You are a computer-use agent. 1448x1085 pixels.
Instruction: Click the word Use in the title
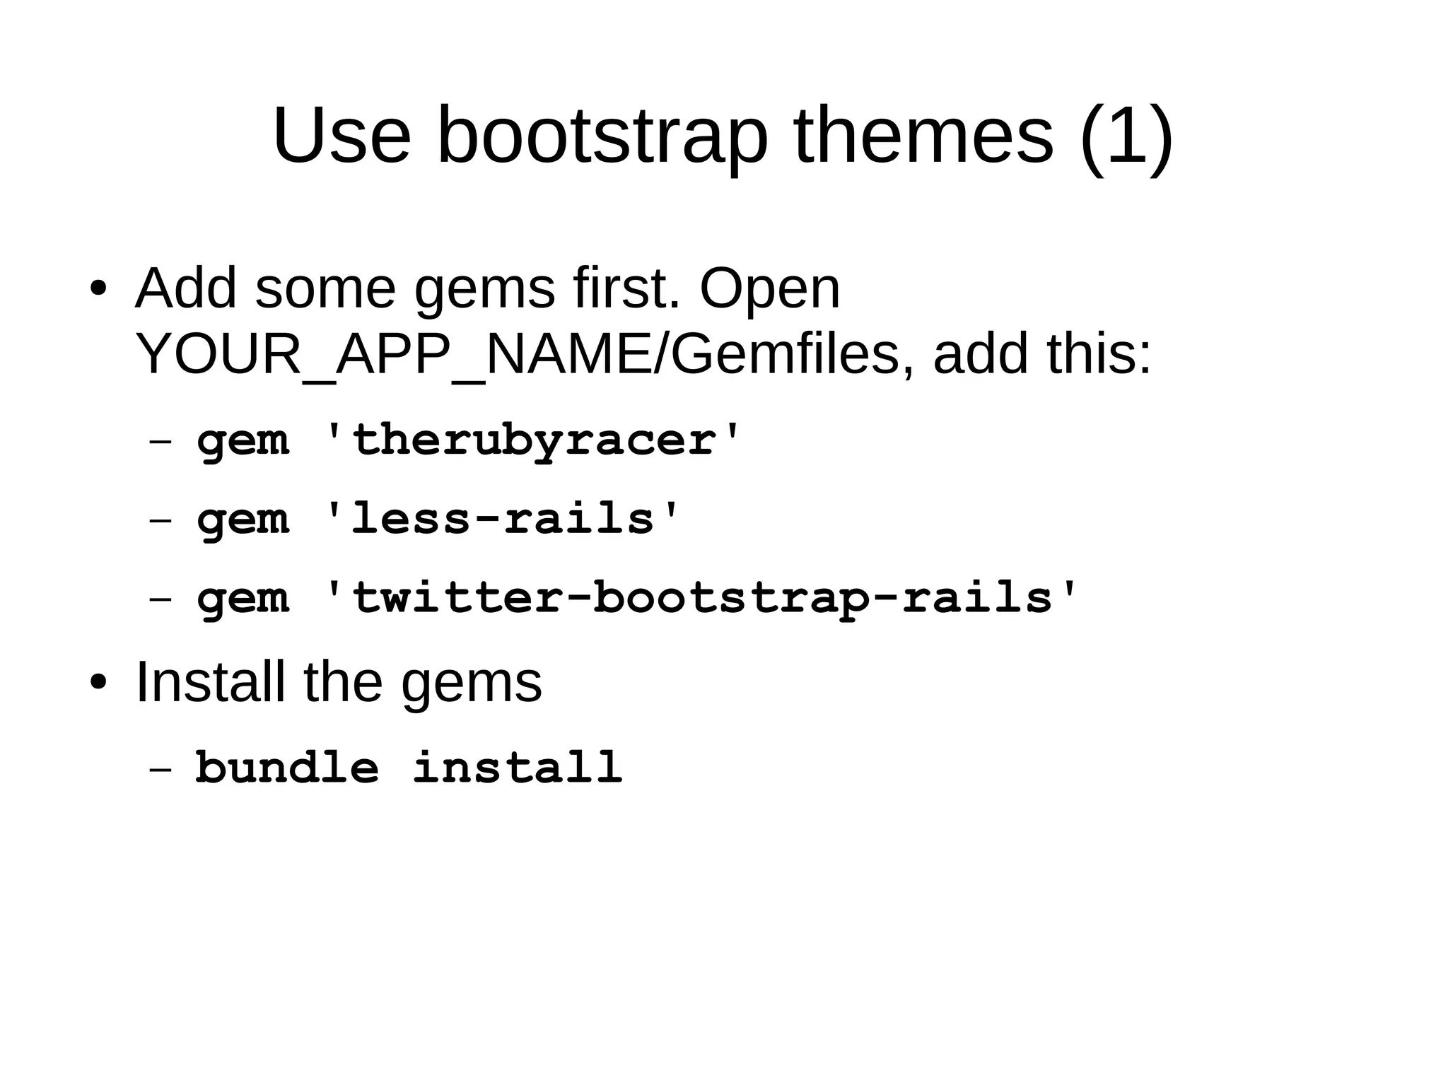(341, 135)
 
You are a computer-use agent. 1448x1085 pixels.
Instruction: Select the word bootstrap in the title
(602, 135)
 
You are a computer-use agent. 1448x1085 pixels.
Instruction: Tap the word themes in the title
(923, 135)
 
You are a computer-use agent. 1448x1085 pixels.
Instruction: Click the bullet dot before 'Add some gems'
(98, 289)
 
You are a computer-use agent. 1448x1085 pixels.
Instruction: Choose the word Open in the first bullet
(769, 289)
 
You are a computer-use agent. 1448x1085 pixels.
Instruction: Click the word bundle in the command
(287, 767)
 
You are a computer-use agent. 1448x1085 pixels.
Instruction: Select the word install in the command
(517, 767)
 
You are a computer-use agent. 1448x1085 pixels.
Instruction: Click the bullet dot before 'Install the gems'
(98, 683)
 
